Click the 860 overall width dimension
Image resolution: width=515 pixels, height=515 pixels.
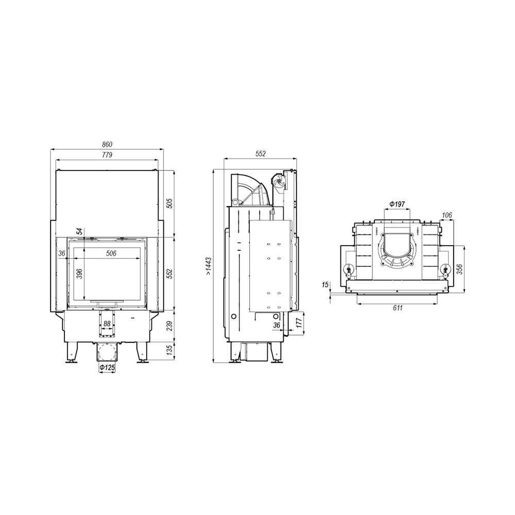(x=107, y=145)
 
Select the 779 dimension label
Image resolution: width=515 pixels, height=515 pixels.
(x=107, y=154)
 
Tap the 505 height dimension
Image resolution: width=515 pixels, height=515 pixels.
(x=169, y=203)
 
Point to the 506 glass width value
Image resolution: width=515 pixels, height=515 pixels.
(x=111, y=253)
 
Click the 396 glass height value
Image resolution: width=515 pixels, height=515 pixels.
(x=79, y=273)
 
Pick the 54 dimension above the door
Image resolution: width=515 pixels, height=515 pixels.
(x=79, y=231)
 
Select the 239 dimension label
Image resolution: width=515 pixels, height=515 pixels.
(x=169, y=326)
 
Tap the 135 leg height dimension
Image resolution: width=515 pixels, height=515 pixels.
(x=169, y=350)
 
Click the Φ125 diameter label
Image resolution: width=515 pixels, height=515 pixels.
(x=107, y=368)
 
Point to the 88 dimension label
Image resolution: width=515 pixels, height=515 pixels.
(x=107, y=323)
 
